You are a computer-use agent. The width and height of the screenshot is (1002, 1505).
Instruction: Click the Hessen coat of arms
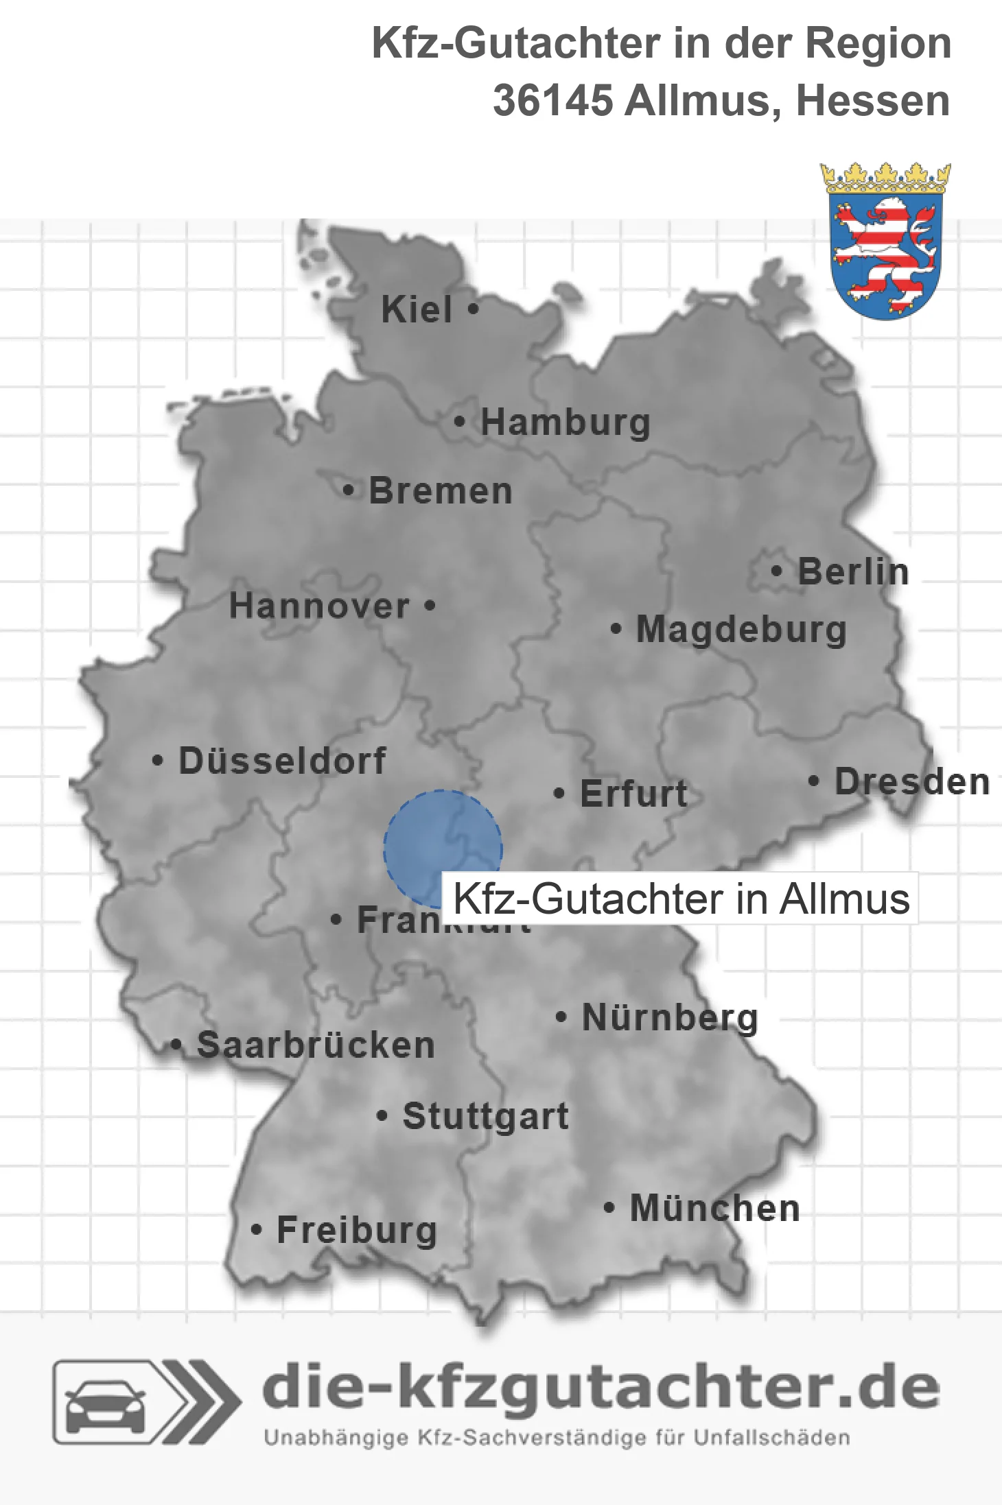click(885, 241)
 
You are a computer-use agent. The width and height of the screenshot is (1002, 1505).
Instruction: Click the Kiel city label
click(417, 309)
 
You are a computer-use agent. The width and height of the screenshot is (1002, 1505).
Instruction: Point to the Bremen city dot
click(349, 490)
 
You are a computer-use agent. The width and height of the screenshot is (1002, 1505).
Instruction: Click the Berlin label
click(853, 571)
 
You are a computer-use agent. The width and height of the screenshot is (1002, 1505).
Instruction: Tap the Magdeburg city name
click(741, 629)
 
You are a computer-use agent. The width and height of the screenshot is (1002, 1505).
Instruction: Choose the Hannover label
click(319, 606)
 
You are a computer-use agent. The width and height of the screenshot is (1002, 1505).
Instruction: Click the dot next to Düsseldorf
click(158, 760)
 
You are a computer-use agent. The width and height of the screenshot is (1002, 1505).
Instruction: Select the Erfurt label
click(633, 794)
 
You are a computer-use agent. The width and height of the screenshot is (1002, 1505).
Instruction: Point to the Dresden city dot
click(813, 781)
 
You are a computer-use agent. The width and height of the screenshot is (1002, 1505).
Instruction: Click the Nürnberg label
click(670, 1017)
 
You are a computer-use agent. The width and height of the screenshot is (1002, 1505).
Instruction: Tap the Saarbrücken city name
click(316, 1045)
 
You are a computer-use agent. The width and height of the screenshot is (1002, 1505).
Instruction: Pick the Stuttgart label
click(485, 1116)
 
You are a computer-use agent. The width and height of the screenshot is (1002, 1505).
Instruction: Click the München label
click(714, 1208)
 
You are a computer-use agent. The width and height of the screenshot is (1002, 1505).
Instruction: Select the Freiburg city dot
click(256, 1230)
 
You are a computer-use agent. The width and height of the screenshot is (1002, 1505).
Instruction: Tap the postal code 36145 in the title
click(552, 101)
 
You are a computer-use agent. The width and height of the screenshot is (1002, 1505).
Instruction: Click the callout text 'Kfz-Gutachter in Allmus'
click(681, 899)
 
